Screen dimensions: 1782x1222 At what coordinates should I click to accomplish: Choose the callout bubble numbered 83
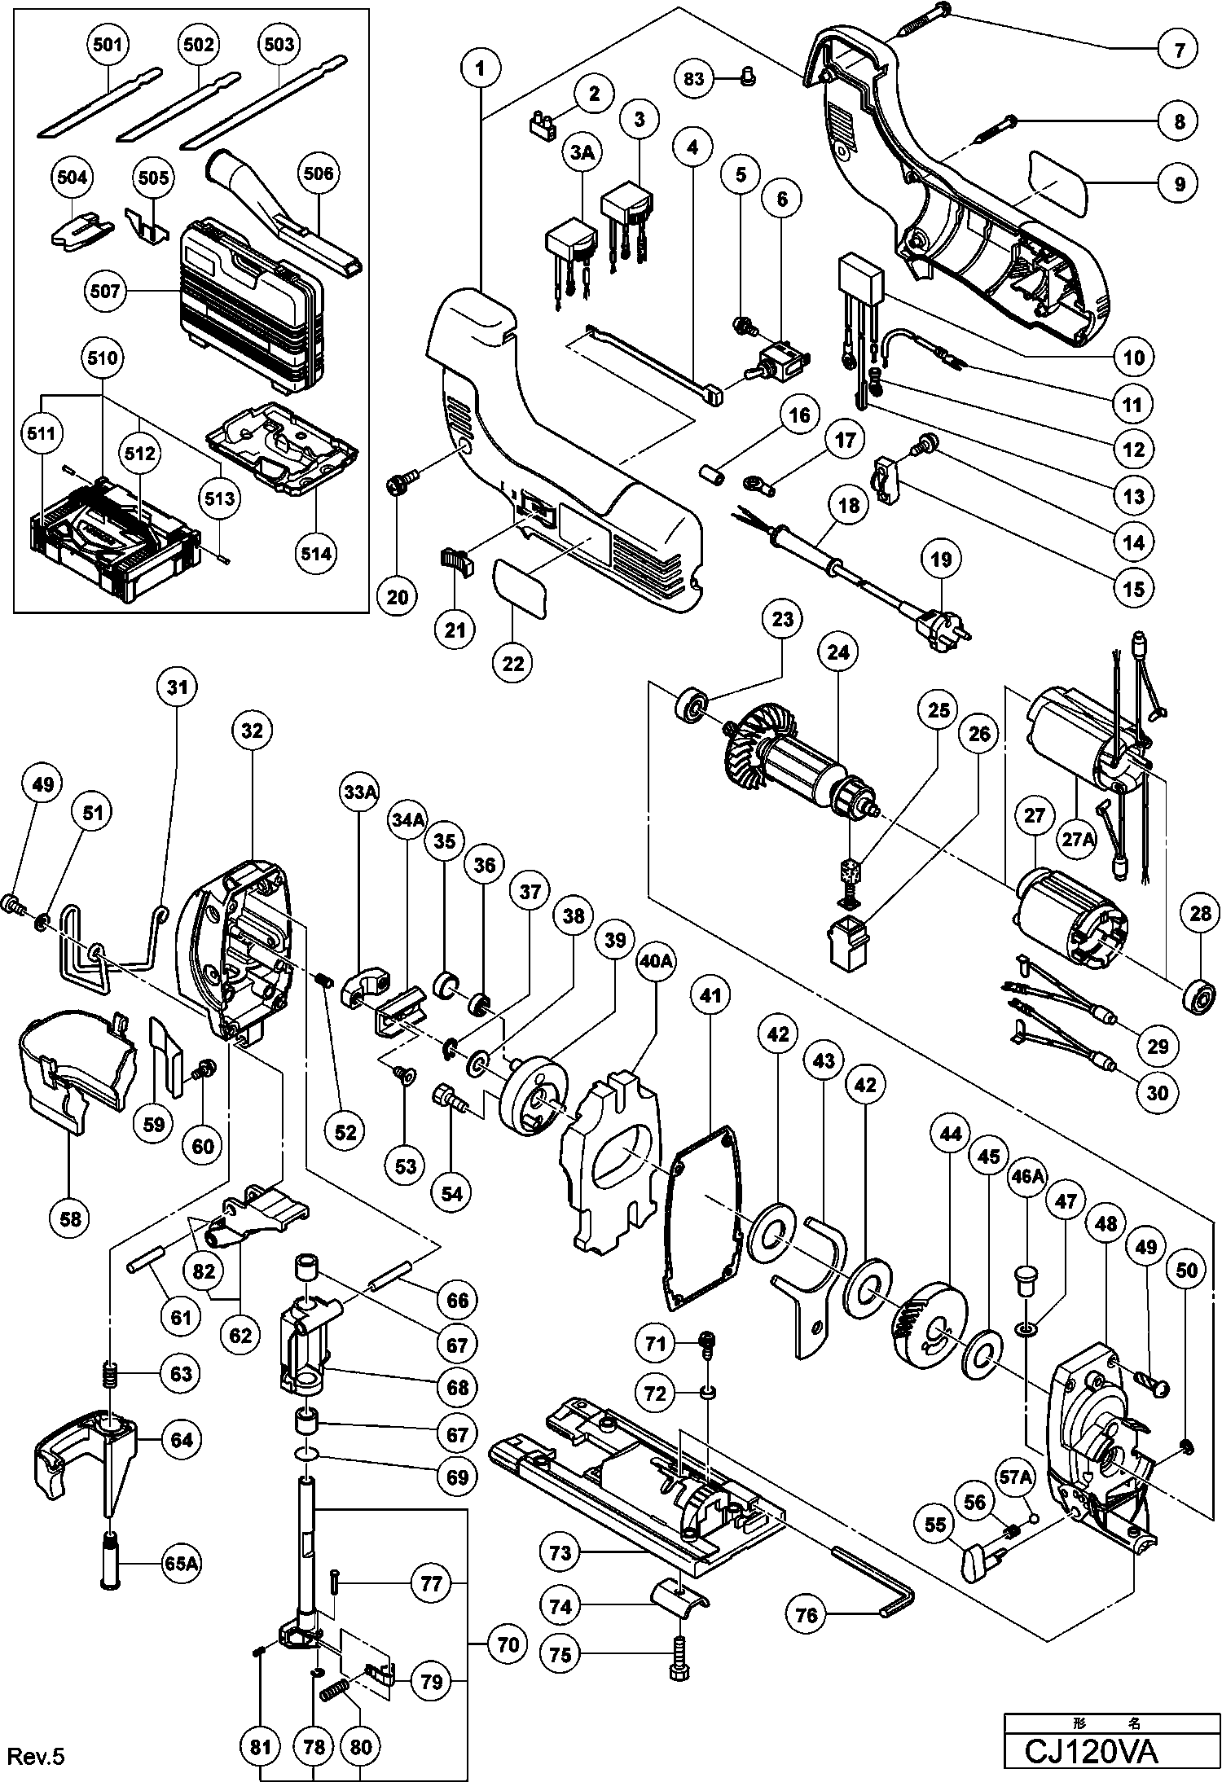693,78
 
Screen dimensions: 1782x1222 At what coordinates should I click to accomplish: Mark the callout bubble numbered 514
316,554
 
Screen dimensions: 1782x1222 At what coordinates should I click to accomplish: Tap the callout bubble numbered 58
70,1218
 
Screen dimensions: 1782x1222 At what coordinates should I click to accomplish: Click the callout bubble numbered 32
252,731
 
